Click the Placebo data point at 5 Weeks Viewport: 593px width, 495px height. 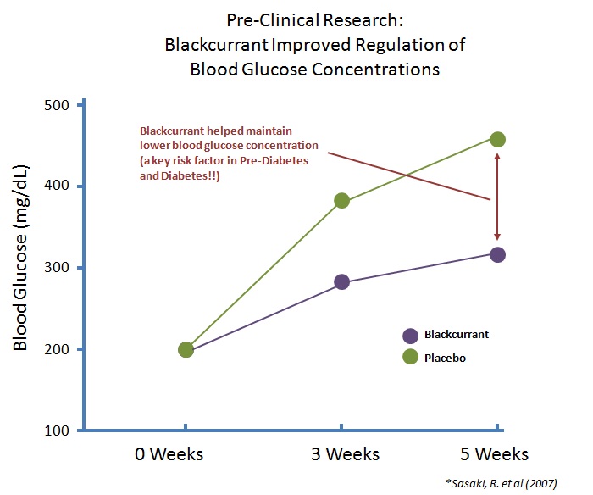click(x=497, y=139)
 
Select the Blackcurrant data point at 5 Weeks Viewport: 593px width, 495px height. click(x=497, y=254)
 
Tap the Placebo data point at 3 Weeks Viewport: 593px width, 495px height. click(x=341, y=201)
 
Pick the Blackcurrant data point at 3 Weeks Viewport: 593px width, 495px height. click(x=341, y=281)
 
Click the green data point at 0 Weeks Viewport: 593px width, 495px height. click(x=186, y=349)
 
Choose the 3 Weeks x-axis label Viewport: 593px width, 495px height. click(x=341, y=453)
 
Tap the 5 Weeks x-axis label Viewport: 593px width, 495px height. click(x=495, y=453)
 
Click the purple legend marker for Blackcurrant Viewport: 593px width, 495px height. click(x=412, y=335)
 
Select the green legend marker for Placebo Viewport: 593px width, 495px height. click(x=412, y=358)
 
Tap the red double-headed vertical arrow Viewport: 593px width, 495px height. click(x=497, y=197)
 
